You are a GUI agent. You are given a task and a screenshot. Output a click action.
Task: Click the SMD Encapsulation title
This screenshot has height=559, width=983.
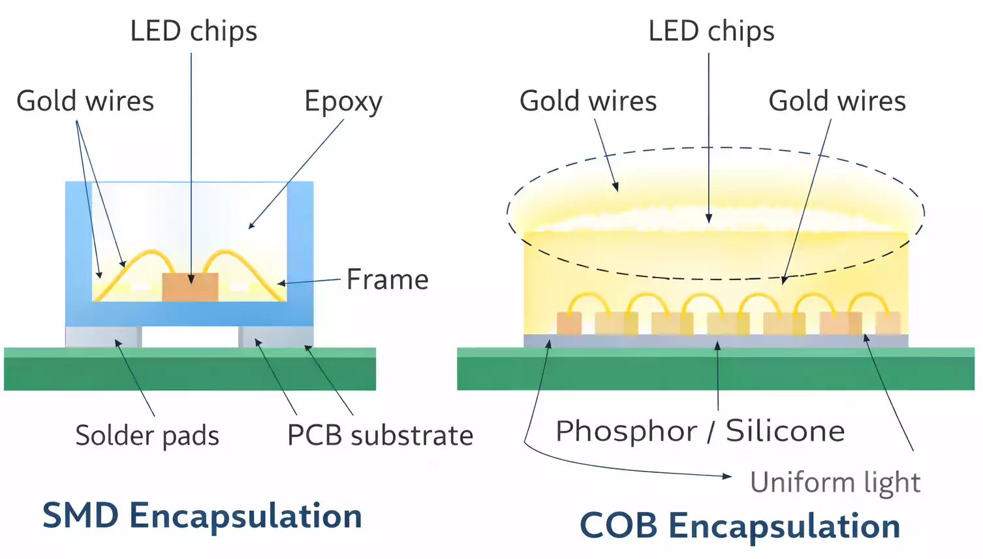pos(202,516)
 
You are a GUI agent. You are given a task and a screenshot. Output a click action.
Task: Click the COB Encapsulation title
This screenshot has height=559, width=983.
pos(740,526)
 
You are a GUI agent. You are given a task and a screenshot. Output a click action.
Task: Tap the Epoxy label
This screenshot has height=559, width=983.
pos(343,102)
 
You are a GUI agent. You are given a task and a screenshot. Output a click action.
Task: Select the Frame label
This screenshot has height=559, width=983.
pos(387,279)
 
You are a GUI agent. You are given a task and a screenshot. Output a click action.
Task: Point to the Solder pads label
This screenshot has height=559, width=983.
pos(147,436)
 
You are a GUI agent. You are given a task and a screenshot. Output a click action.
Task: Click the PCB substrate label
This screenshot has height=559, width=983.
pos(380,436)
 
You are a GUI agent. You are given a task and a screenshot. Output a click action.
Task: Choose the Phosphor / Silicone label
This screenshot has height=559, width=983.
pos(700,431)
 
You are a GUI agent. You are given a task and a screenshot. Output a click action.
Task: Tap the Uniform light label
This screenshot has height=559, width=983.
pos(835,483)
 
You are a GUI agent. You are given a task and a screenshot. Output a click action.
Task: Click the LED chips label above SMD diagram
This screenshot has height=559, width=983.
pos(194,31)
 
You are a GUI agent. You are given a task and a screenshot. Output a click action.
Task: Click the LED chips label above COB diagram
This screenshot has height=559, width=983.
pos(711,31)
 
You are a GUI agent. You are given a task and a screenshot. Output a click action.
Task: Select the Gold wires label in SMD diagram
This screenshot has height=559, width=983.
pos(85,101)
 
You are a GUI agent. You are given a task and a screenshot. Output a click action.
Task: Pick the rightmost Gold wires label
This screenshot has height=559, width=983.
pos(837,101)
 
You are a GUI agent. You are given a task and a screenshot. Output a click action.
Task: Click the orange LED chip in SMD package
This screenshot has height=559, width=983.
pos(190,288)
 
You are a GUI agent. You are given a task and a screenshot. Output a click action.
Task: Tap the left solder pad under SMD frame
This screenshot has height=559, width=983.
pos(103,336)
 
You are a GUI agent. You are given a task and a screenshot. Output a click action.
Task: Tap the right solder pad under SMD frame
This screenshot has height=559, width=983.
pos(275,336)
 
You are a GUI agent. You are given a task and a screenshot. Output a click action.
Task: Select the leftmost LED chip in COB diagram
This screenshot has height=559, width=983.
pos(569,324)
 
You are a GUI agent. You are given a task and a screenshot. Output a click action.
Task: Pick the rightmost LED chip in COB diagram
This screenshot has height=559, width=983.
pos(888,324)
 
